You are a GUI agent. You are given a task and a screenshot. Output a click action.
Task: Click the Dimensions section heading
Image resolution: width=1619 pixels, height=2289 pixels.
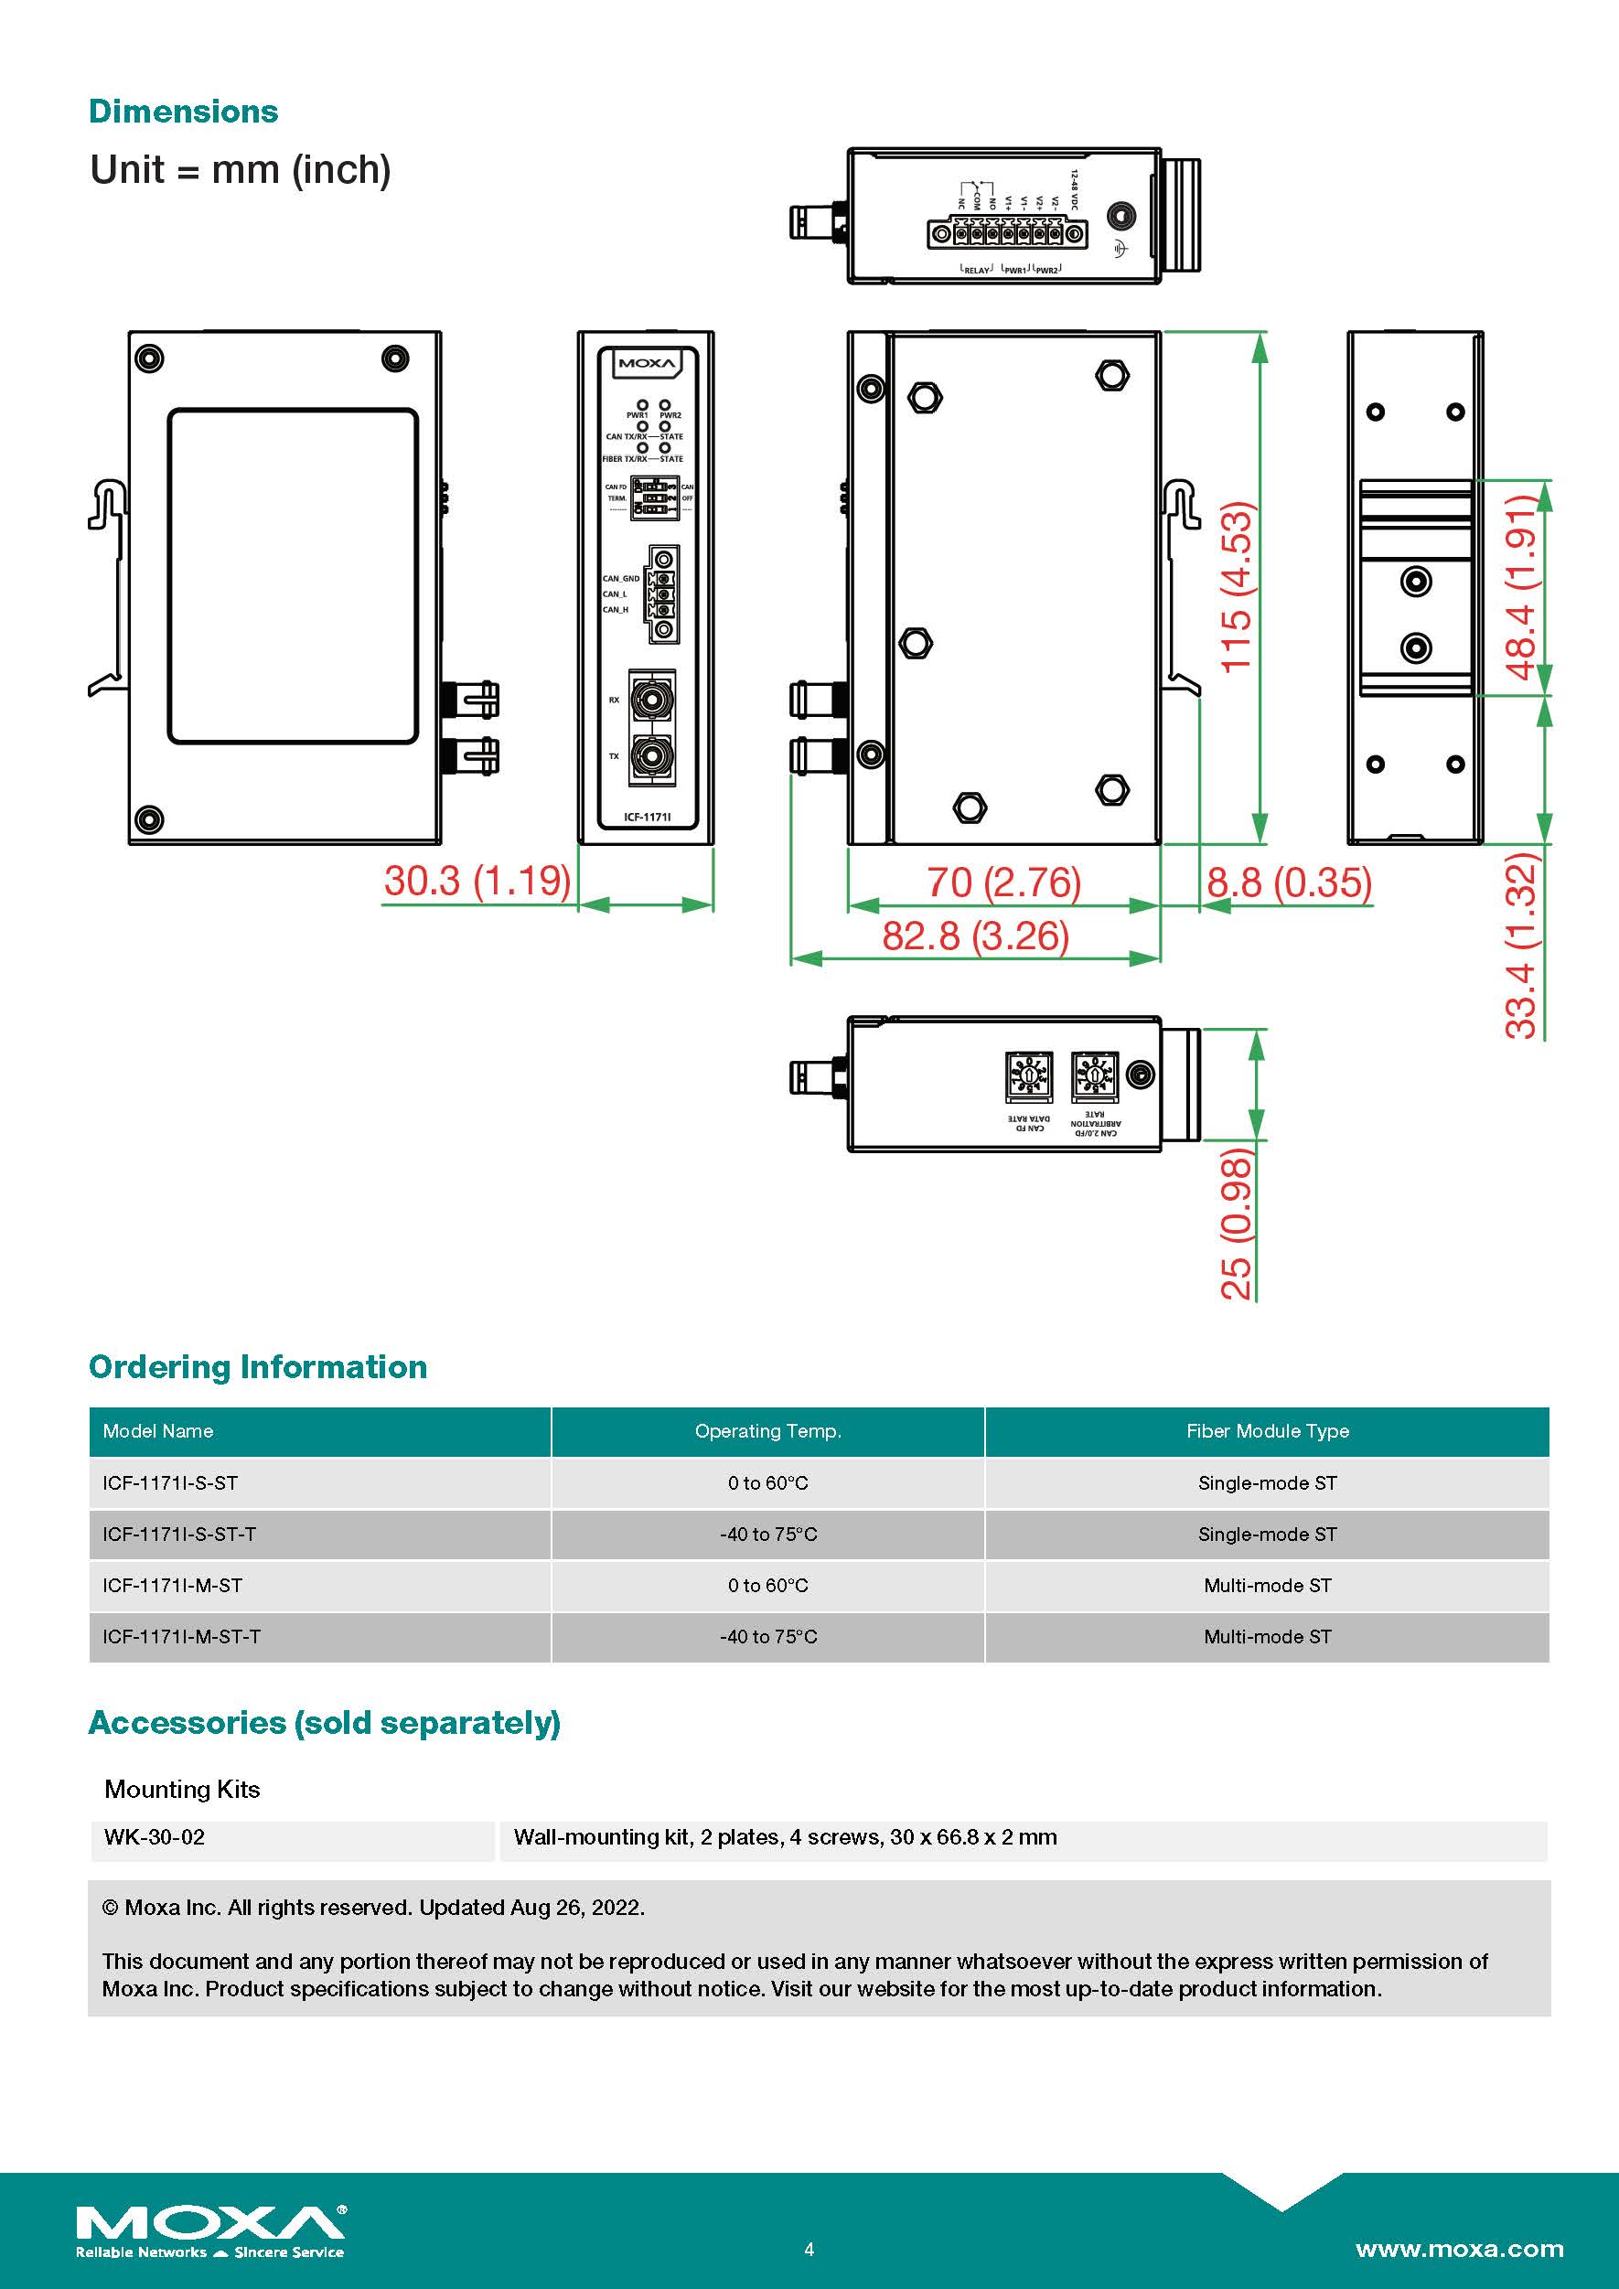(184, 112)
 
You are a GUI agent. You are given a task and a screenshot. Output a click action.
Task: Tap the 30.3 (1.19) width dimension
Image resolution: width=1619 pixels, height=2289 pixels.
(477, 882)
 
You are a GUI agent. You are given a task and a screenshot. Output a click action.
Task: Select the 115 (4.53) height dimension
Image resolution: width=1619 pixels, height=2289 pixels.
(1236, 588)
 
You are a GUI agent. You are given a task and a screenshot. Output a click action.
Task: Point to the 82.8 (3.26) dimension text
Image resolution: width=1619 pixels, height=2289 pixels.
(975, 936)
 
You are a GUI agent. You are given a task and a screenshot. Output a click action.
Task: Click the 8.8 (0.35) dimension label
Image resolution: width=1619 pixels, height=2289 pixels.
(1289, 883)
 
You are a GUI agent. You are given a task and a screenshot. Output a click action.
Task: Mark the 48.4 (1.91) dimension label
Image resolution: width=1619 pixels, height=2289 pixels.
(1521, 588)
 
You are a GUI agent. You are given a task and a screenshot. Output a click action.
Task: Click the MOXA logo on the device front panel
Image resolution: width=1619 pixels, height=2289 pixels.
(646, 364)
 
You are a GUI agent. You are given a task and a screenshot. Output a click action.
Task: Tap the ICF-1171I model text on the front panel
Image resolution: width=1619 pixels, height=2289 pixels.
(647, 818)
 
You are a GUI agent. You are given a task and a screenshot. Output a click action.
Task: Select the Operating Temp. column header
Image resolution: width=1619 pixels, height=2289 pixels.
(767, 1431)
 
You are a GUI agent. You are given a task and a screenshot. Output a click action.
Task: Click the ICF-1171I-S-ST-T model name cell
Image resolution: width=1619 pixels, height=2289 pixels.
(179, 1535)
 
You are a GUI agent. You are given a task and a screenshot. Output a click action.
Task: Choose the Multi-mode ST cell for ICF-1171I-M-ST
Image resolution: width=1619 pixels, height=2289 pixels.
(1267, 1586)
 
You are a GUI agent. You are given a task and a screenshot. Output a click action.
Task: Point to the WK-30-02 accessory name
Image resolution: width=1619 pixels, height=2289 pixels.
(155, 1837)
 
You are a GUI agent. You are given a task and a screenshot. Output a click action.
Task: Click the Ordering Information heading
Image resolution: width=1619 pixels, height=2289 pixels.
(258, 1367)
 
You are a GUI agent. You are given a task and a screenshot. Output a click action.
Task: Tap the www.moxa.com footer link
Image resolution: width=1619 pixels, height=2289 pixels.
(1460, 2249)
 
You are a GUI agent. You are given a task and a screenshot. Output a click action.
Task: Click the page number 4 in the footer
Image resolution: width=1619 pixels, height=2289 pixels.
(809, 2249)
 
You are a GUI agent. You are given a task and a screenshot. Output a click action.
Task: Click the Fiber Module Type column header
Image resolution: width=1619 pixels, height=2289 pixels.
(1267, 1431)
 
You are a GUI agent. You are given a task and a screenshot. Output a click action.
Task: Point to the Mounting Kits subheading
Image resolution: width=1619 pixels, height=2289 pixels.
(182, 1790)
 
